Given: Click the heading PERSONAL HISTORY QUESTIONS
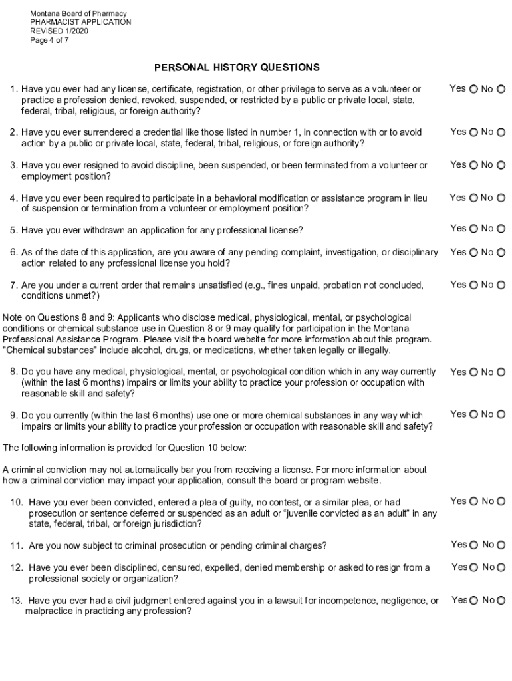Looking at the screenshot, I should tap(237, 67).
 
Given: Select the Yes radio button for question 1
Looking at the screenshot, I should tap(473, 89).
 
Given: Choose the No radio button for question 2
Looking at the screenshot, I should tap(501, 132).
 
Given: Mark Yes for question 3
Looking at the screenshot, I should tap(473, 165).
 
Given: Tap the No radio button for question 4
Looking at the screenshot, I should tap(501, 198).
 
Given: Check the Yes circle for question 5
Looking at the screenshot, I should tap(473, 229).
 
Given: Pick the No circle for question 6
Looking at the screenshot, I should tap(501, 253).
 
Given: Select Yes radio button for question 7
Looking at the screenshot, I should tap(473, 285).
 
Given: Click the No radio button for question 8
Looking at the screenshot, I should tap(501, 372).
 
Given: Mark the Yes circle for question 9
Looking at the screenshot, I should tap(473, 414).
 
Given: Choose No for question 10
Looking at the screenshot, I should tap(501, 501).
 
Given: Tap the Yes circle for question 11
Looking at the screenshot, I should tap(473, 545).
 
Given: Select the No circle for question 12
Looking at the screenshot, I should tap(501, 567).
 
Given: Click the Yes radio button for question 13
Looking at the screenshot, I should tap(473, 601).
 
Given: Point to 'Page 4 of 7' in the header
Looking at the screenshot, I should tap(49, 40).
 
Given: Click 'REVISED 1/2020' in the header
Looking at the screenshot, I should tap(59, 31).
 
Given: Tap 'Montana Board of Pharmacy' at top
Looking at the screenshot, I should tap(78, 13).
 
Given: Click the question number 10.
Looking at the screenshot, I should tap(17, 502).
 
